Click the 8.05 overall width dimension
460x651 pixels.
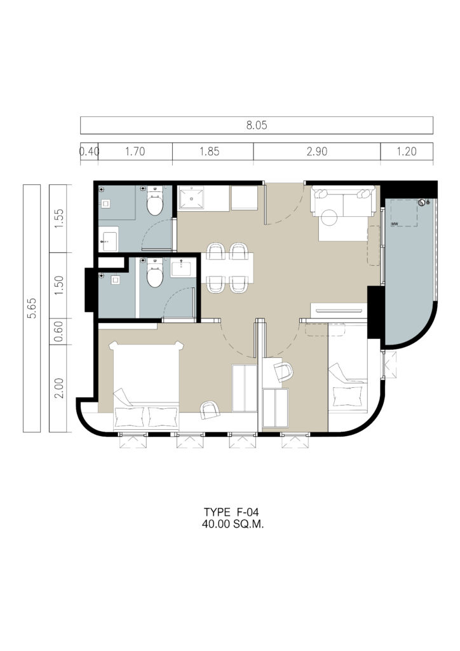tap(257, 125)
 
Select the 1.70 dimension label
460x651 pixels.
tap(135, 151)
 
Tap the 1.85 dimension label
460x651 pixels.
tap(210, 151)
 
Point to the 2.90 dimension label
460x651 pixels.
tap(317, 151)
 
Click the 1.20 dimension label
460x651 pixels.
tap(407, 151)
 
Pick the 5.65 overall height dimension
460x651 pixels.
tap(32, 308)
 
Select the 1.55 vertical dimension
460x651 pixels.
tap(58, 219)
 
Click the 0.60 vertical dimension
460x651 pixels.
tap(58, 331)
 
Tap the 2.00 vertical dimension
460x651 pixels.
tap(58, 388)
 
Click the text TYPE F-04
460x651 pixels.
tap(231, 512)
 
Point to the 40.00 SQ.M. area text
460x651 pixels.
tap(233, 524)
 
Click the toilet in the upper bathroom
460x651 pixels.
tap(155, 201)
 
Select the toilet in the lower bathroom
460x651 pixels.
tap(155, 273)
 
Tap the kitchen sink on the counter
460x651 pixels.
tap(191, 199)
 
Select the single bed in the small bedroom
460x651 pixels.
tap(348, 369)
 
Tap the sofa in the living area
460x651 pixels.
tap(344, 202)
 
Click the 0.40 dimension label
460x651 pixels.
tap(89, 151)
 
